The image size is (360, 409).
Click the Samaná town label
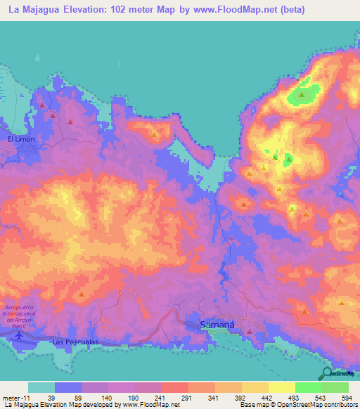pyautogui.click(x=213, y=325)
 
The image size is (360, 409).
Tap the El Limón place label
pyautogui.click(x=21, y=139)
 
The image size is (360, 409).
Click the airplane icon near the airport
pyautogui.click(x=18, y=335)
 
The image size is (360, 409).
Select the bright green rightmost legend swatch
pyautogui.click(x=335, y=387)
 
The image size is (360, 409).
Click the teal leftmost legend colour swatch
pyautogui.click(x=41, y=387)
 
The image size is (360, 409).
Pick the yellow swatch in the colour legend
pyautogui.click(x=281, y=387)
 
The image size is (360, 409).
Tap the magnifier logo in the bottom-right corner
pyautogui.click(x=328, y=373)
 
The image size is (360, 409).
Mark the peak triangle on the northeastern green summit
pyautogui.click(x=302, y=94)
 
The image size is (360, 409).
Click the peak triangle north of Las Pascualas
pyautogui.click(x=82, y=294)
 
